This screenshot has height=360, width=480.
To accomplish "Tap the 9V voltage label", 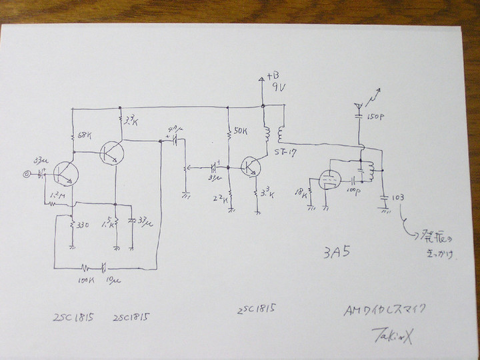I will pos(275,87).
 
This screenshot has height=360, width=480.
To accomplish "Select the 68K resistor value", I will pos(85,136).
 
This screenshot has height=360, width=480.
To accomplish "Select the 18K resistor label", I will pos(303,194).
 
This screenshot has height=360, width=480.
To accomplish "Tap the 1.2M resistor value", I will pos(57,195).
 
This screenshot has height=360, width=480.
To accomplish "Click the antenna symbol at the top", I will pos(359,105).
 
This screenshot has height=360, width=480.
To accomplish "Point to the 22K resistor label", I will pos(221,199).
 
